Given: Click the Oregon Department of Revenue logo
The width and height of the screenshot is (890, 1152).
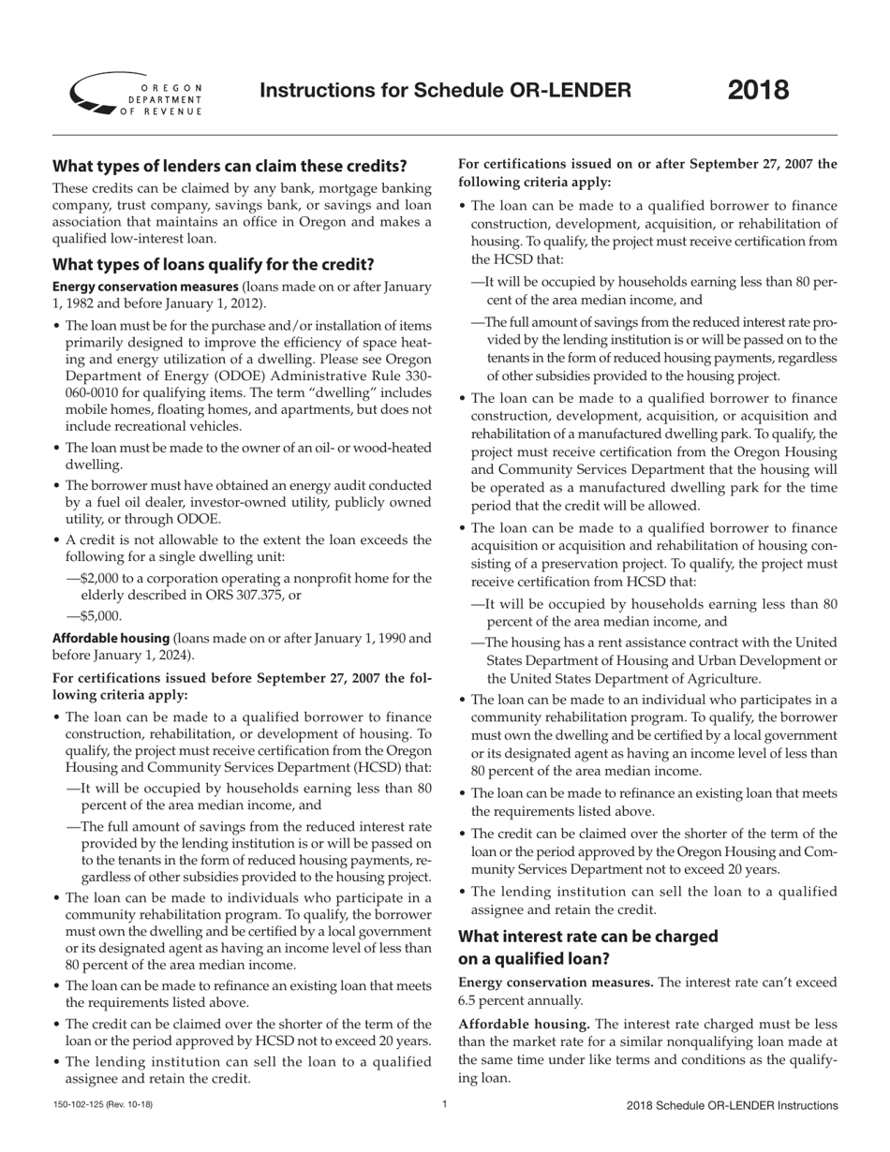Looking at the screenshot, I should pyautogui.click(x=136, y=94).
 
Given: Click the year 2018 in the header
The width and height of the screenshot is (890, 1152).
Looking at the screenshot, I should pyautogui.click(x=758, y=91).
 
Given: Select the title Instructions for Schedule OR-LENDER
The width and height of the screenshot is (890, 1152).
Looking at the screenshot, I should pyautogui.click(x=445, y=91).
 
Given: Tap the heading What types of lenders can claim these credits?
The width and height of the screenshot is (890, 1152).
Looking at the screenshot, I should pyautogui.click(x=230, y=167).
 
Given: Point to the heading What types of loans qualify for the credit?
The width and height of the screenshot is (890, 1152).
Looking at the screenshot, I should pyautogui.click(x=213, y=264).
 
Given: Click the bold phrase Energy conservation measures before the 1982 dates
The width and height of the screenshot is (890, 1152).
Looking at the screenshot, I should pyautogui.click(x=144, y=287).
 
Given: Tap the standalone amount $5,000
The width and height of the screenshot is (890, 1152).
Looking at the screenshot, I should pyautogui.click(x=101, y=616).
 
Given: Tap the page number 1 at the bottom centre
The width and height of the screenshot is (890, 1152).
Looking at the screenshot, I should pyautogui.click(x=444, y=1105).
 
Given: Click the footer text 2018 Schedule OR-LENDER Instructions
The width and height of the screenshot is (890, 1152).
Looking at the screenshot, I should pyautogui.click(x=732, y=1105).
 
